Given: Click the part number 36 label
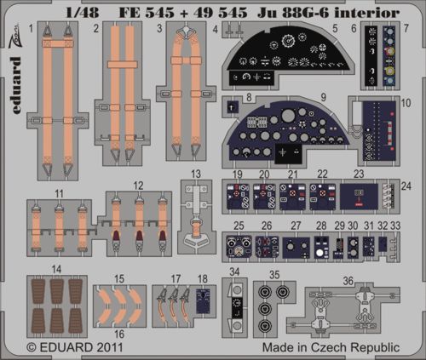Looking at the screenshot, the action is point(348,281).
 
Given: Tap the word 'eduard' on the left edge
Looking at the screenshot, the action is point(16,86).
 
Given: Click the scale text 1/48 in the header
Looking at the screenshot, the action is point(83,13).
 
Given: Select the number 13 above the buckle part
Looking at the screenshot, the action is point(196,174).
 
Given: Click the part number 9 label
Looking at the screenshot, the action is point(323,98).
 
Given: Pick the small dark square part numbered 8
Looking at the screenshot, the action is point(233,107).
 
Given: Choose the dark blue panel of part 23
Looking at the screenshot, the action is point(359,197).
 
